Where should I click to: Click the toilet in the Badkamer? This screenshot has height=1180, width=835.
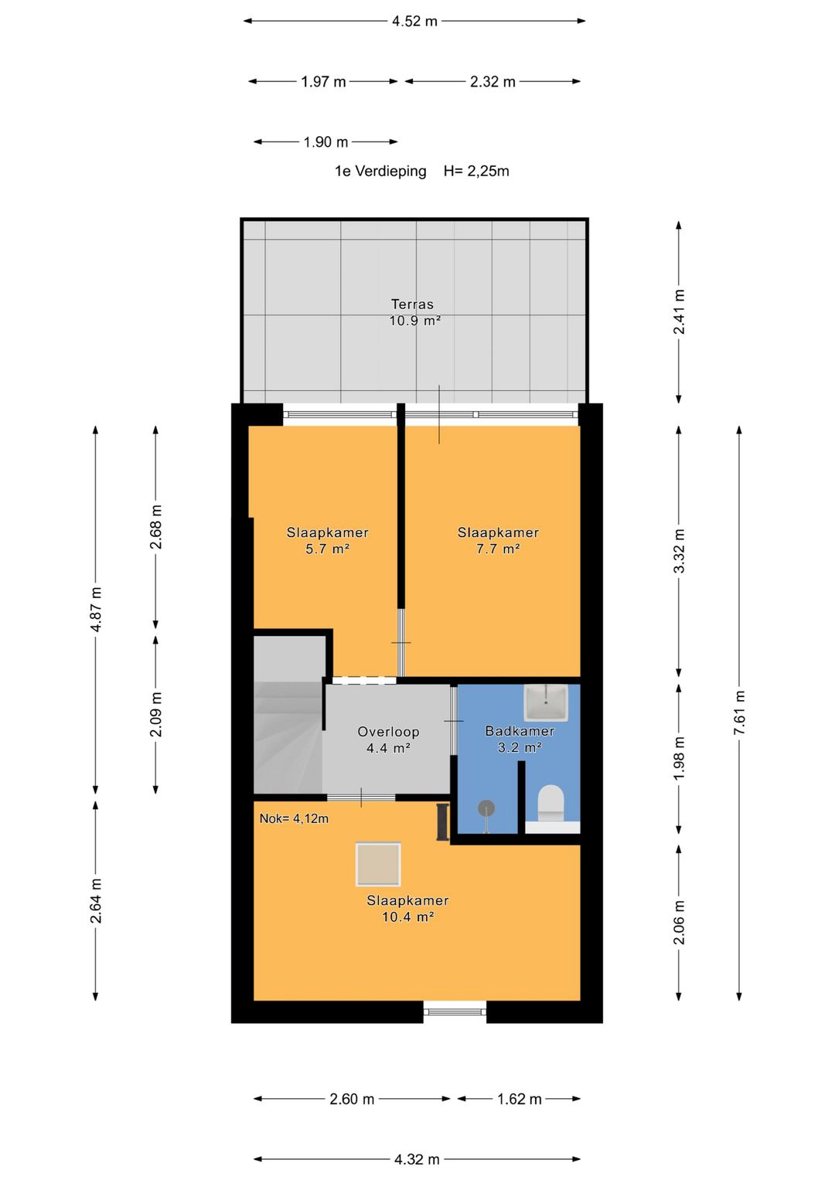[x=550, y=803]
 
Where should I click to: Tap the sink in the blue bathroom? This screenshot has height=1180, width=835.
[x=546, y=702]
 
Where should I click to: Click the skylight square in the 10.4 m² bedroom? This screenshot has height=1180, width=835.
[x=378, y=864]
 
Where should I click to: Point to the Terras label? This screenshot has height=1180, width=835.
[x=412, y=304]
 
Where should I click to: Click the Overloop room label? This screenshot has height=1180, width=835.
[x=388, y=731]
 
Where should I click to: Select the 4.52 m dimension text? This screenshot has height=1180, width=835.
[x=414, y=21]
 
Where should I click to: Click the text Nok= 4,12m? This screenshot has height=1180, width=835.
[x=294, y=818]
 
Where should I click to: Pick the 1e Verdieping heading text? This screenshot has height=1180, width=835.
[x=380, y=172]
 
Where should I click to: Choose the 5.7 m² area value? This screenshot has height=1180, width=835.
[x=327, y=549]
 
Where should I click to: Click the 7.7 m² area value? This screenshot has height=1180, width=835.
[x=498, y=549]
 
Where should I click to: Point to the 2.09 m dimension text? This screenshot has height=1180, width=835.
[x=155, y=714]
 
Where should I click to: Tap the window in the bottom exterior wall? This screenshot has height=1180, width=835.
[x=455, y=1012]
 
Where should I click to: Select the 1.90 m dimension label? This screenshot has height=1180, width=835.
[x=325, y=141]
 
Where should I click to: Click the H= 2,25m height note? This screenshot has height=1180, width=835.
[x=476, y=172]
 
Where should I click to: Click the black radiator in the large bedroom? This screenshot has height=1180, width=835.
[x=442, y=821]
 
